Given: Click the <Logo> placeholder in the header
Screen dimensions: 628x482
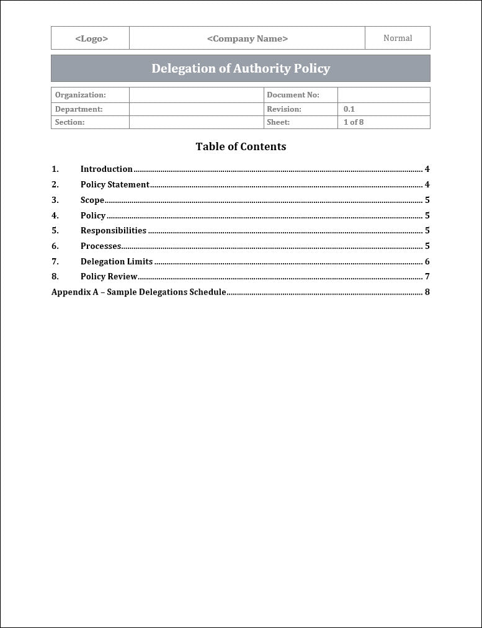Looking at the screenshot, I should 91,38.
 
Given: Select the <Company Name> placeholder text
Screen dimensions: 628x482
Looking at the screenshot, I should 247,38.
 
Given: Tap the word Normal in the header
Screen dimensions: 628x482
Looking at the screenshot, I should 398,38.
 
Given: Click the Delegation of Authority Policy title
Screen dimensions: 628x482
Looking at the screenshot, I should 241,68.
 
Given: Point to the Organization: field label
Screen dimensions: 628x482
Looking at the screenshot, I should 81,95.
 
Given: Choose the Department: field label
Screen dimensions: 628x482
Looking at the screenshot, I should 79,109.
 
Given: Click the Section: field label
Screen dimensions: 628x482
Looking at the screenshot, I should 69,122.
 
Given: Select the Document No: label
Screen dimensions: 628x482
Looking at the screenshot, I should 293,95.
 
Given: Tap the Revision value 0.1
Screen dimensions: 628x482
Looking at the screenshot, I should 349,109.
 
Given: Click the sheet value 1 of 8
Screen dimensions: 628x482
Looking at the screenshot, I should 354,122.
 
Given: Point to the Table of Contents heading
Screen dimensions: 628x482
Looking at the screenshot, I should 241,146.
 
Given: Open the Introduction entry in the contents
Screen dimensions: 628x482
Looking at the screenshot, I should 107,169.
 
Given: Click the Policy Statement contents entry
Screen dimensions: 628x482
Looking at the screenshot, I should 115,184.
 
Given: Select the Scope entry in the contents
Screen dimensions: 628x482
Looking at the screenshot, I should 92,200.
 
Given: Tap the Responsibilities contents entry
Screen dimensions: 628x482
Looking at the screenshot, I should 114,230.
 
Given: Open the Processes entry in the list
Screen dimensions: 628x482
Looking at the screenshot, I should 100,246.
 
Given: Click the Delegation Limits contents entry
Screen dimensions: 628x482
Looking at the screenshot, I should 117,261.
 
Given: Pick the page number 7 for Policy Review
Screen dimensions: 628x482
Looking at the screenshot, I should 427,277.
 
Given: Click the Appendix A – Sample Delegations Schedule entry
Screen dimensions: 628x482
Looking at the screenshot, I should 139,292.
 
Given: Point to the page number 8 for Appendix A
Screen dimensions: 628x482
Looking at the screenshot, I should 427,292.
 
